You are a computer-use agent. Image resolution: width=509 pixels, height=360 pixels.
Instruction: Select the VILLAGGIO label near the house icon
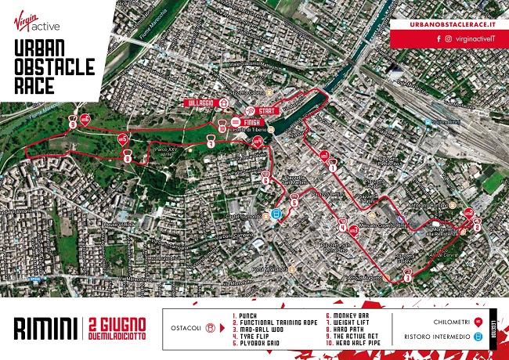[199, 103]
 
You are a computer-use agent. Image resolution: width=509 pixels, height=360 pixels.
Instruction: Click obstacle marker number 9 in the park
[73, 124]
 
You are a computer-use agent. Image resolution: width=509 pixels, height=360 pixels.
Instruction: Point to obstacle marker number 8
[128, 158]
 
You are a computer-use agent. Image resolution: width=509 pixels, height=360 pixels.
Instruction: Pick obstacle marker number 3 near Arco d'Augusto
[408, 275]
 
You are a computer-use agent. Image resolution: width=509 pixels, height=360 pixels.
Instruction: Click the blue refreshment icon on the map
[276, 214]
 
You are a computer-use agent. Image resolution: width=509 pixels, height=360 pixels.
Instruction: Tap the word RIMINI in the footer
[44, 328]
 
